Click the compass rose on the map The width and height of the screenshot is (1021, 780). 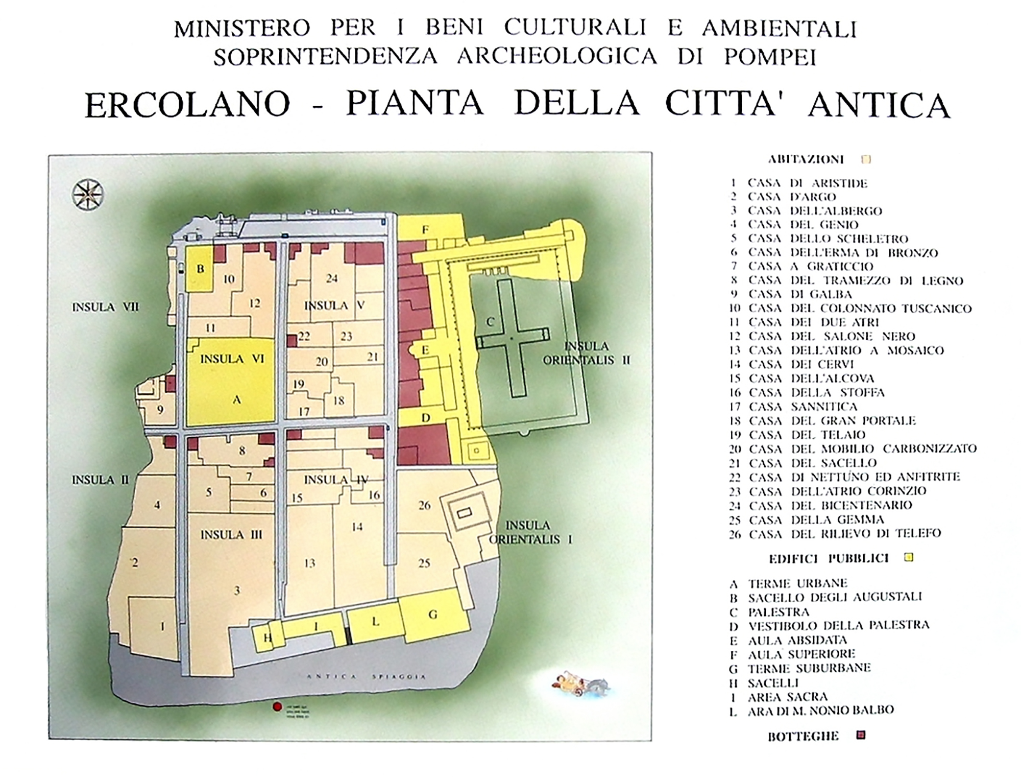88,195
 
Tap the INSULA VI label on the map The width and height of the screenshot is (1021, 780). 232,359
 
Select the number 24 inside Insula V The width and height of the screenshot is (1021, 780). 332,278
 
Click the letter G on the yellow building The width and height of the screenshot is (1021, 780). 433,614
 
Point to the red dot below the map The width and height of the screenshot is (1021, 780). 277,707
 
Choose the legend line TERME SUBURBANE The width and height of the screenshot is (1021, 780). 809,669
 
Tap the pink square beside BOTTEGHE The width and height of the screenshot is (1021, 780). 861,736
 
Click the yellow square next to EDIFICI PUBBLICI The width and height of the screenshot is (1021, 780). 908,557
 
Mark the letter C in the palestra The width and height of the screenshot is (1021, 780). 490,322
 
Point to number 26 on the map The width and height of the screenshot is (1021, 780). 424,505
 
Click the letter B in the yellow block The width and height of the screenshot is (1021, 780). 201,269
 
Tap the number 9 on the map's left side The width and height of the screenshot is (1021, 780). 160,410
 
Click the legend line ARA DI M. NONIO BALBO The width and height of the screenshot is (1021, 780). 820,711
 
